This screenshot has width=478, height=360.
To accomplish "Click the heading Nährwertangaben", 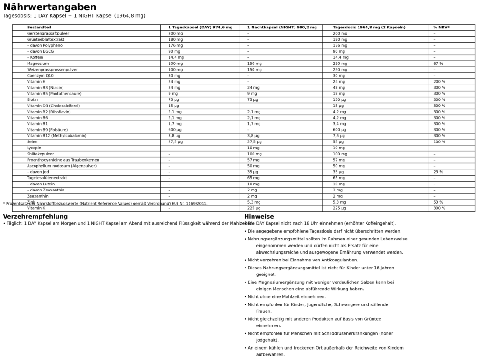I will (49, 7).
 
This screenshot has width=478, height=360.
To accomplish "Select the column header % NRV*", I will (441, 28).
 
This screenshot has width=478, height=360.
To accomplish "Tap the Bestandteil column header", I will (39, 28).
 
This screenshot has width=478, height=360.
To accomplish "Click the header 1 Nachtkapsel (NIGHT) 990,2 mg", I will (281, 28).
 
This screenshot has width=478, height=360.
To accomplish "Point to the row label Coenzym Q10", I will (40, 76).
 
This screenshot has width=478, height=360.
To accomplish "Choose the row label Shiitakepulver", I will (40, 154).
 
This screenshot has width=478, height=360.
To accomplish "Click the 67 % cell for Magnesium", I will (438, 64).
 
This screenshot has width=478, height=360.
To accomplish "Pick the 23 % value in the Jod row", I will (438, 172).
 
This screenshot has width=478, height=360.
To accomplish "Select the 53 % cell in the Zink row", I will (438, 202).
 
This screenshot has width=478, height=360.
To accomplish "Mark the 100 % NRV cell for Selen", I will (439, 142).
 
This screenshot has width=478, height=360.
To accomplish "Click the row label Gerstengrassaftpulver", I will (48, 34).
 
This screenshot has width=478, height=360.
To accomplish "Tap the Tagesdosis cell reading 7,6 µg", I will (339, 136).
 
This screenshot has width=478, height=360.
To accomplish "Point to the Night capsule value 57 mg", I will (253, 160).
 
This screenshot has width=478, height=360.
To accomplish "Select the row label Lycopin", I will (34, 148).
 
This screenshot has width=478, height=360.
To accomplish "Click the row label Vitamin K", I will (36, 208).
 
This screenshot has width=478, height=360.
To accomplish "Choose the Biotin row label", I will (32, 99).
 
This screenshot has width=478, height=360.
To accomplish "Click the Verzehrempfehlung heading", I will (35, 217).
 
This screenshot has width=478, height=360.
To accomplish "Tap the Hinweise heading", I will (259, 217).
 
